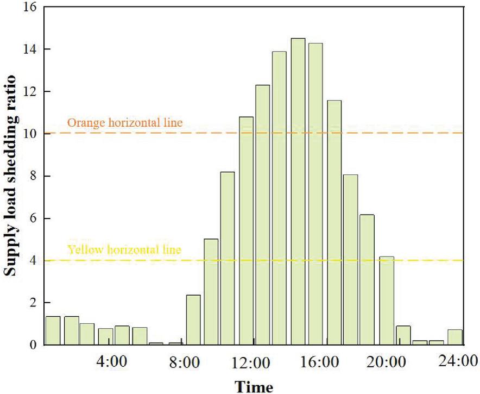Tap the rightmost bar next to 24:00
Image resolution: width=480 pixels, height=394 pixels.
click(456, 337)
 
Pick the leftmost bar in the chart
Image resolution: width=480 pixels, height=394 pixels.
click(53, 330)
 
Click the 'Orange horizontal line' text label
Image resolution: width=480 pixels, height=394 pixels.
click(124, 123)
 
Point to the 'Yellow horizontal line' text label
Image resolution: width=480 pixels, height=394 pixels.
click(124, 251)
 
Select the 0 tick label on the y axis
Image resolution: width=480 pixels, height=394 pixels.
click(33, 345)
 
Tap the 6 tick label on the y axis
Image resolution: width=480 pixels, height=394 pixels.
click(33, 218)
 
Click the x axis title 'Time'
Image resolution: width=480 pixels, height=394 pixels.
click(254, 386)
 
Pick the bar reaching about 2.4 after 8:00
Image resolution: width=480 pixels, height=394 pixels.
click(193, 320)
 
